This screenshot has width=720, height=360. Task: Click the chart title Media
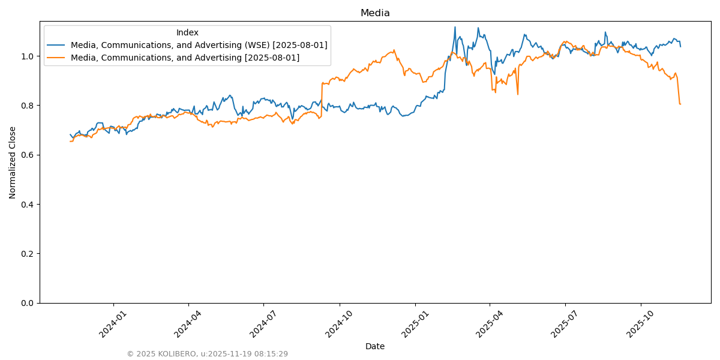coord(375,13)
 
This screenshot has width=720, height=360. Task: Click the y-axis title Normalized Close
coord(13,162)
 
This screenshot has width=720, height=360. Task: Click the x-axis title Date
coord(375,346)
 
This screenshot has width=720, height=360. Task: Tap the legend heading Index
coord(187,32)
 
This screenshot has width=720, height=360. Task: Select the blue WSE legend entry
coord(199,45)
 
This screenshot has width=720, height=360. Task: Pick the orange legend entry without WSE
coord(185,58)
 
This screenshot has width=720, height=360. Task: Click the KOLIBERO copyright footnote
coord(207,354)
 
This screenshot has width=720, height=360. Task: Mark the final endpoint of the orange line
coord(680,104)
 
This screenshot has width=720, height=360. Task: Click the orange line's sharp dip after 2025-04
coord(518,94)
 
